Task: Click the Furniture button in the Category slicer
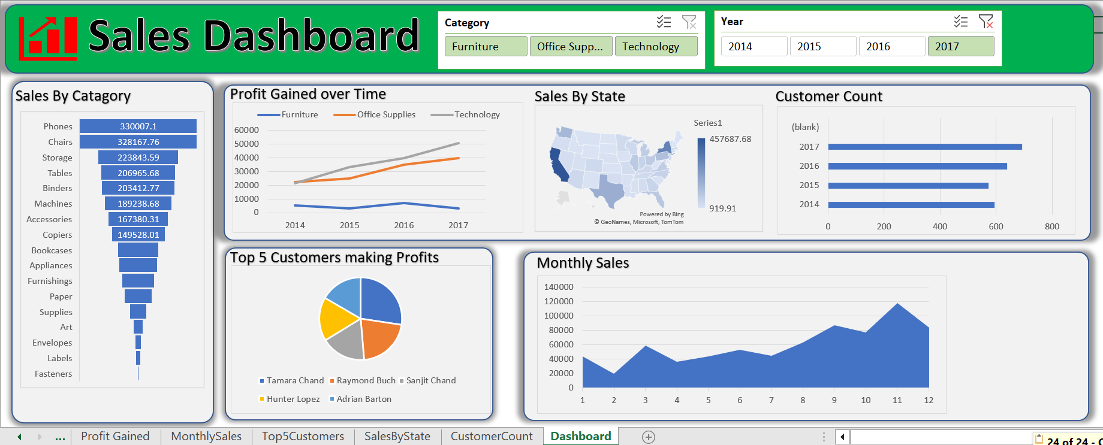pyautogui.click(x=486, y=46)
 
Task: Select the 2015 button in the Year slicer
pyautogui.click(x=822, y=46)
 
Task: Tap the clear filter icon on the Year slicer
pyautogui.click(x=986, y=22)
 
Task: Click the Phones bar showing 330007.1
pyautogui.click(x=138, y=126)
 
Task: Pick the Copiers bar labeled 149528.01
pyautogui.click(x=138, y=235)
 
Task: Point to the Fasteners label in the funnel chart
pyautogui.click(x=53, y=374)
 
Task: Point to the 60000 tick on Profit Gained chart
pyautogui.click(x=246, y=130)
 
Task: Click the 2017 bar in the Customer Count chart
pyautogui.click(x=924, y=147)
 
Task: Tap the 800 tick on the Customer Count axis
pyautogui.click(x=1051, y=226)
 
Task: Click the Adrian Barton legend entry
pyautogui.click(x=363, y=399)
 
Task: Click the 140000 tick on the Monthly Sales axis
pyautogui.click(x=558, y=287)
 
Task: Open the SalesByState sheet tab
pyautogui.click(x=397, y=436)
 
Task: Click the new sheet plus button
pyautogui.click(x=648, y=437)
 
